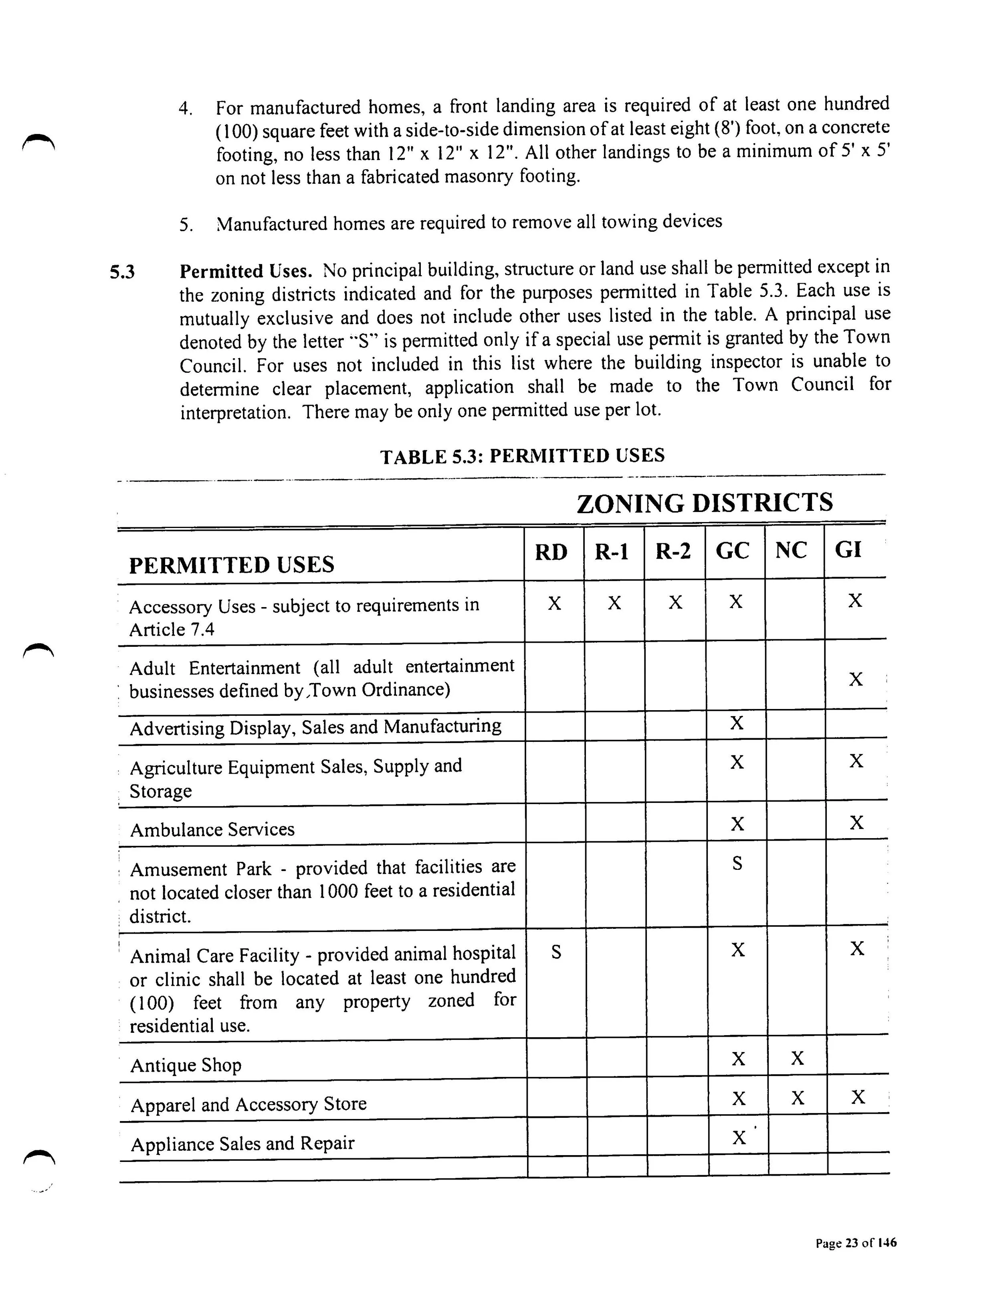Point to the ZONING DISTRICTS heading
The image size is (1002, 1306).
(704, 503)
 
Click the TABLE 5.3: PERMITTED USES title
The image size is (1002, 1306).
(522, 456)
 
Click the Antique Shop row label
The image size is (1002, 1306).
(186, 1065)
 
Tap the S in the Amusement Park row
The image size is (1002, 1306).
(737, 863)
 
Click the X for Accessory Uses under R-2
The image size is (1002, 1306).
(675, 602)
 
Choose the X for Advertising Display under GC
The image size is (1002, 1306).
(737, 723)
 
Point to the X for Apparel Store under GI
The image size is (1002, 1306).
(857, 1097)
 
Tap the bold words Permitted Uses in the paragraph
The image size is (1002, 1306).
(246, 272)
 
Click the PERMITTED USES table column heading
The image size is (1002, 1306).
(231, 565)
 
